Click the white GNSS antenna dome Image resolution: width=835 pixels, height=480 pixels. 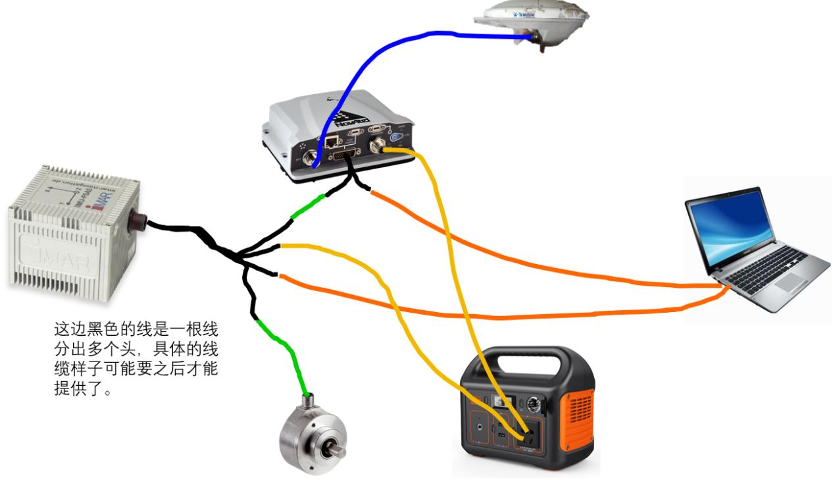[520, 16]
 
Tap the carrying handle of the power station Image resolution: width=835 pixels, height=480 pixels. [526, 360]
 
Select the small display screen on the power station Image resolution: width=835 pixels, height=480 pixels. [503, 400]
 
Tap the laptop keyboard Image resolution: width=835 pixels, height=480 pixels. [769, 267]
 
